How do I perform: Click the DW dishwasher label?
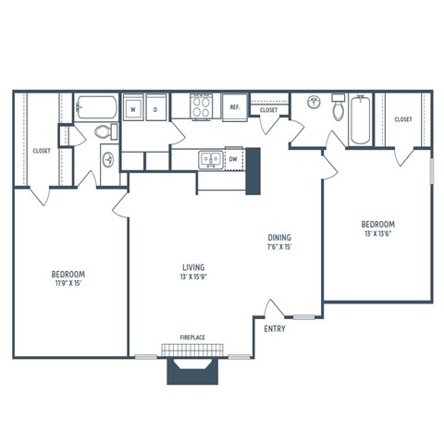(x=233, y=159)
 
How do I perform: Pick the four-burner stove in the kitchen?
(x=202, y=107)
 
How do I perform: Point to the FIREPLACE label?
(x=193, y=338)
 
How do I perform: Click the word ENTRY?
(x=274, y=329)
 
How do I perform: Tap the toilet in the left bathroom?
(x=104, y=132)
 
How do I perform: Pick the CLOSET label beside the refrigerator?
(x=268, y=110)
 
